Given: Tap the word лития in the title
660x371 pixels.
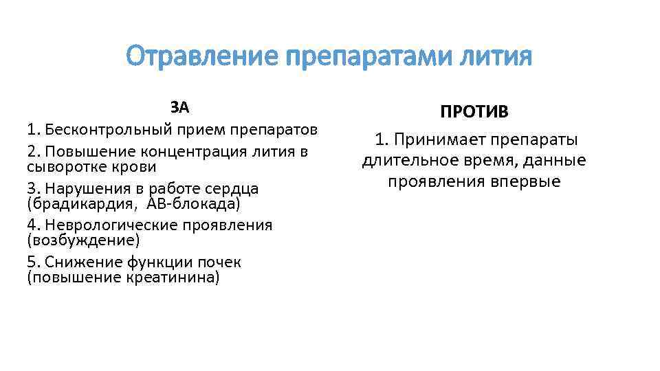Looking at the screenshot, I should coord(497,56).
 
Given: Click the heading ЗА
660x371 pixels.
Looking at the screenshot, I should coord(179,107).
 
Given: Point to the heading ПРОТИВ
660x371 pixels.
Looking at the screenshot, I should coord(474,112).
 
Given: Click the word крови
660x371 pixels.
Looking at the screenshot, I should coord(135,167).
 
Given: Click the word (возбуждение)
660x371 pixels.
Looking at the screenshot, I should coord(82,241).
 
